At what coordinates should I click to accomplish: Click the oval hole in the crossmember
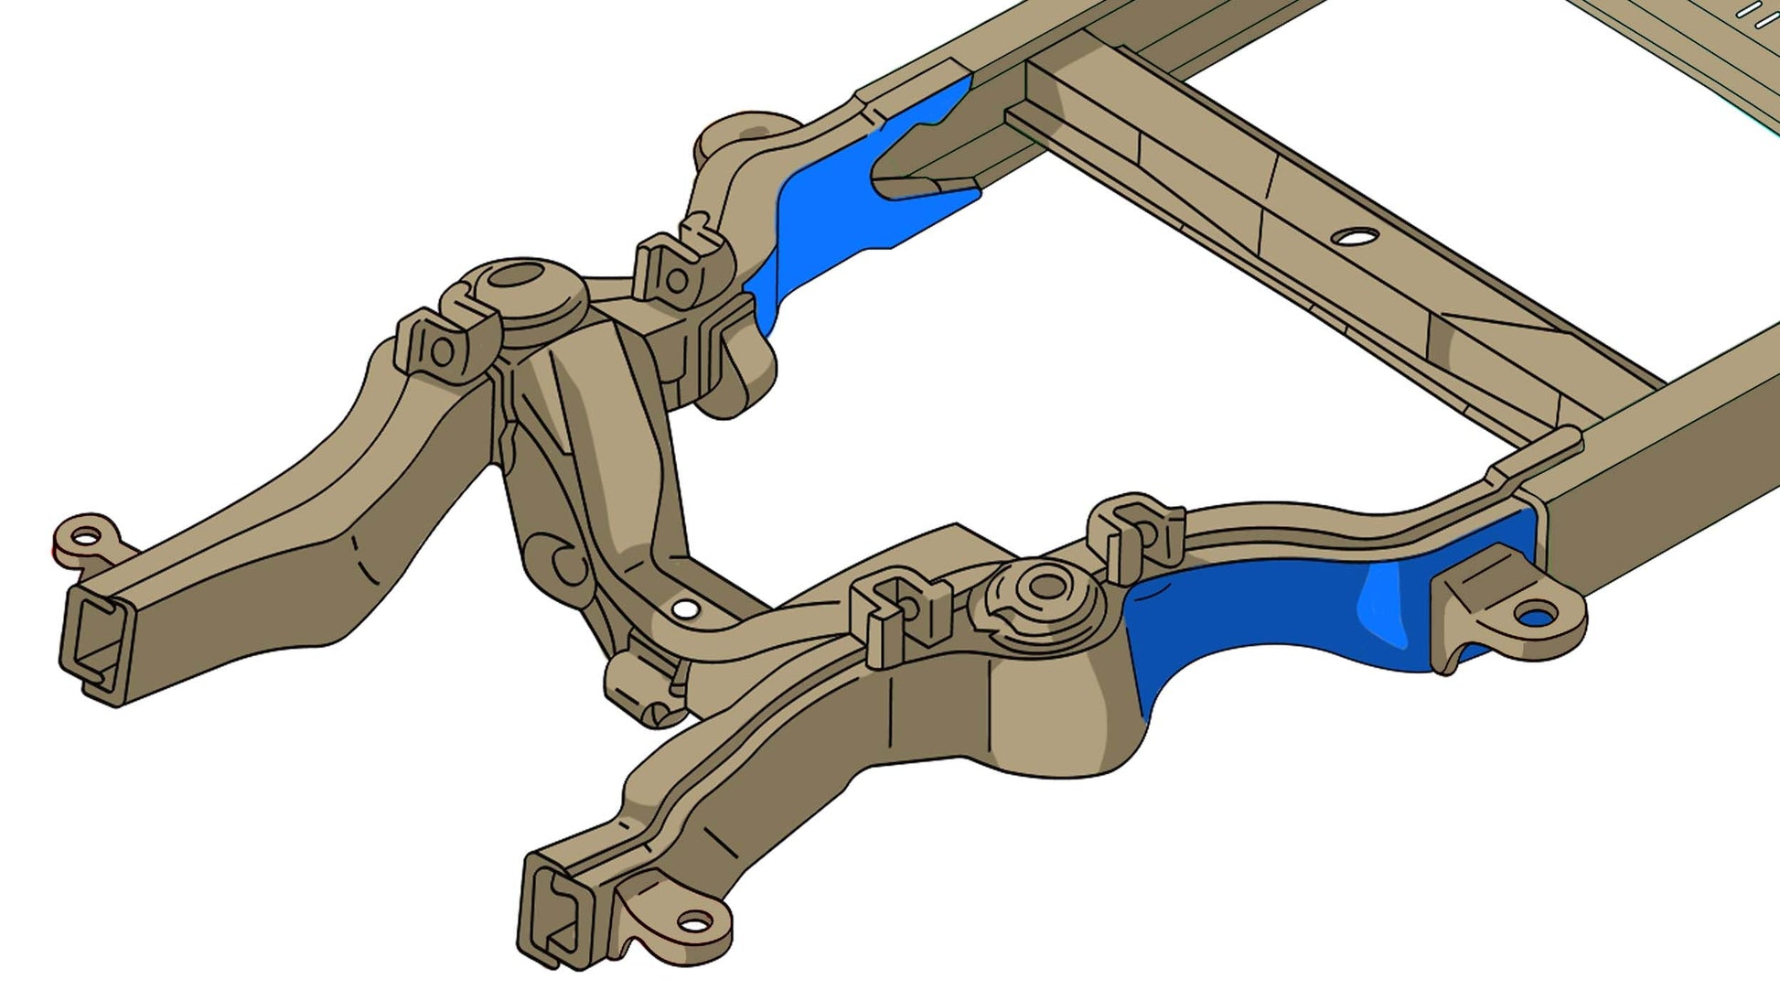point(1355,237)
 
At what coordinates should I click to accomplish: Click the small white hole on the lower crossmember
point(684,608)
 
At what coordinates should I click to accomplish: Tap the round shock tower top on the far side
point(517,274)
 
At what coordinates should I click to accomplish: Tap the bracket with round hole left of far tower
point(443,348)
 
